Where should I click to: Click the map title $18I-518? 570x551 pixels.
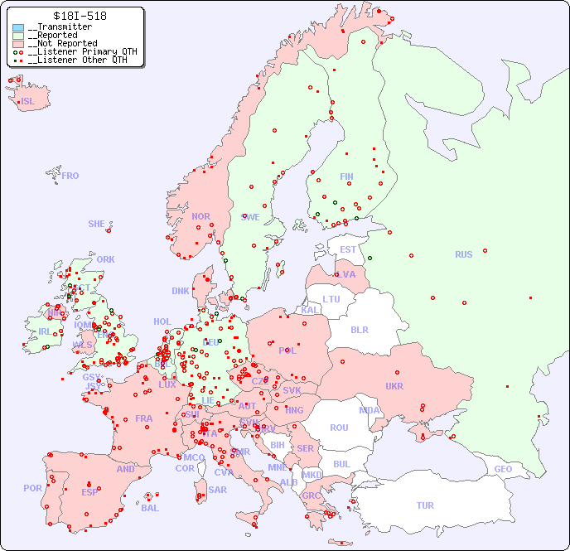coord(79,16)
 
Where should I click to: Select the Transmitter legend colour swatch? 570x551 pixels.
coord(18,27)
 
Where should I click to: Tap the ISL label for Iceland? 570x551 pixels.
coord(27,102)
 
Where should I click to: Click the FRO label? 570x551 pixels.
coord(70,176)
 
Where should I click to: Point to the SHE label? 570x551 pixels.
coord(96,224)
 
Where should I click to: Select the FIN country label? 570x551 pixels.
coord(346,176)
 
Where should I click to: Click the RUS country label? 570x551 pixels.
coord(463,254)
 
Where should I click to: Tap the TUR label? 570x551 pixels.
coord(425,505)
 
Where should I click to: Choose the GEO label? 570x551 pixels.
coord(503,469)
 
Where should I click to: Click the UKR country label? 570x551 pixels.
coord(394,386)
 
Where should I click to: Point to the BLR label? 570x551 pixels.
coord(359,329)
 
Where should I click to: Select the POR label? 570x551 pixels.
coord(32,488)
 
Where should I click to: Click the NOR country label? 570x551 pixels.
coord(200,216)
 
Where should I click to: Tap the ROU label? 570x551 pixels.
coord(339,428)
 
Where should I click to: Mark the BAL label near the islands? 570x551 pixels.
coord(149,508)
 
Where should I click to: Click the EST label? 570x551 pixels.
coord(348,249)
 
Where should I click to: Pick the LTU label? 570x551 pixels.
coord(331,299)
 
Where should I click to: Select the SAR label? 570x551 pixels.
coord(217,490)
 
